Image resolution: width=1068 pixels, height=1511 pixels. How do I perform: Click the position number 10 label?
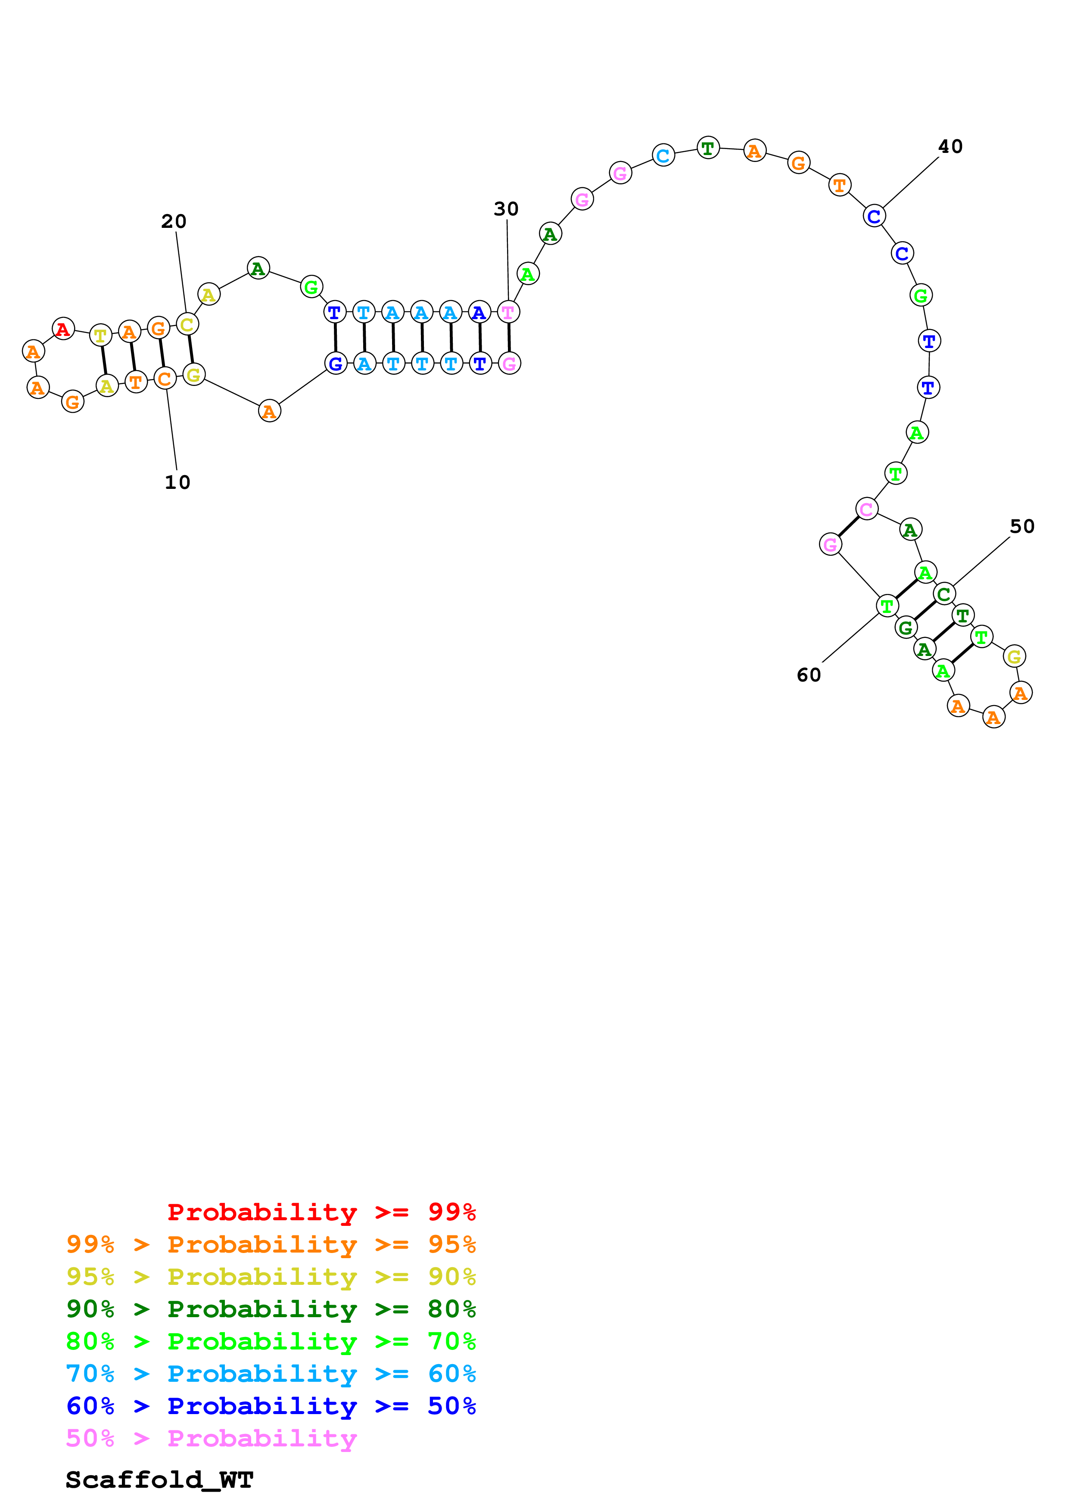click(177, 482)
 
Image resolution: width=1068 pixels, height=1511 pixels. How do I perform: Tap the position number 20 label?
click(174, 222)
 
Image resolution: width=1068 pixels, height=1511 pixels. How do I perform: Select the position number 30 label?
click(506, 209)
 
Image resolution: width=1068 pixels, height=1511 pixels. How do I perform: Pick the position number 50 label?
click(1022, 526)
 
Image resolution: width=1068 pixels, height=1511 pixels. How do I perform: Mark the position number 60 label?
click(809, 675)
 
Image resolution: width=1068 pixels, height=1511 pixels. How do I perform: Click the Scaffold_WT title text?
click(159, 1480)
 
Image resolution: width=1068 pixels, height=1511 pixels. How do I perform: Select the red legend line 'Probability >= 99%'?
click(321, 1212)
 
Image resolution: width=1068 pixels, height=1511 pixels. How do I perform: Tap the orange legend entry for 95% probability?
click(271, 1244)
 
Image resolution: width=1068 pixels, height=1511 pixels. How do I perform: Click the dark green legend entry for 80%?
click(271, 1309)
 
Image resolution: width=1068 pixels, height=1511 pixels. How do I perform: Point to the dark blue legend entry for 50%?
click(271, 1406)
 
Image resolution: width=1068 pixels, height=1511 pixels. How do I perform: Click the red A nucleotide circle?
click(63, 328)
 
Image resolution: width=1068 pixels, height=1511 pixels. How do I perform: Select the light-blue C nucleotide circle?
click(663, 155)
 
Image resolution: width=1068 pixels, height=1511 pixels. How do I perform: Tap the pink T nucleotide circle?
click(508, 312)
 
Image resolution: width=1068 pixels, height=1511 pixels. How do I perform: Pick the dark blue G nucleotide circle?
click(336, 363)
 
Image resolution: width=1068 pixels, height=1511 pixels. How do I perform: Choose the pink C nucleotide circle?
click(867, 509)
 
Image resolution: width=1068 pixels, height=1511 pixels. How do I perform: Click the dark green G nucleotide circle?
click(906, 628)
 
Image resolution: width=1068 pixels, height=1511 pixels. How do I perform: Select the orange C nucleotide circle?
click(165, 379)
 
